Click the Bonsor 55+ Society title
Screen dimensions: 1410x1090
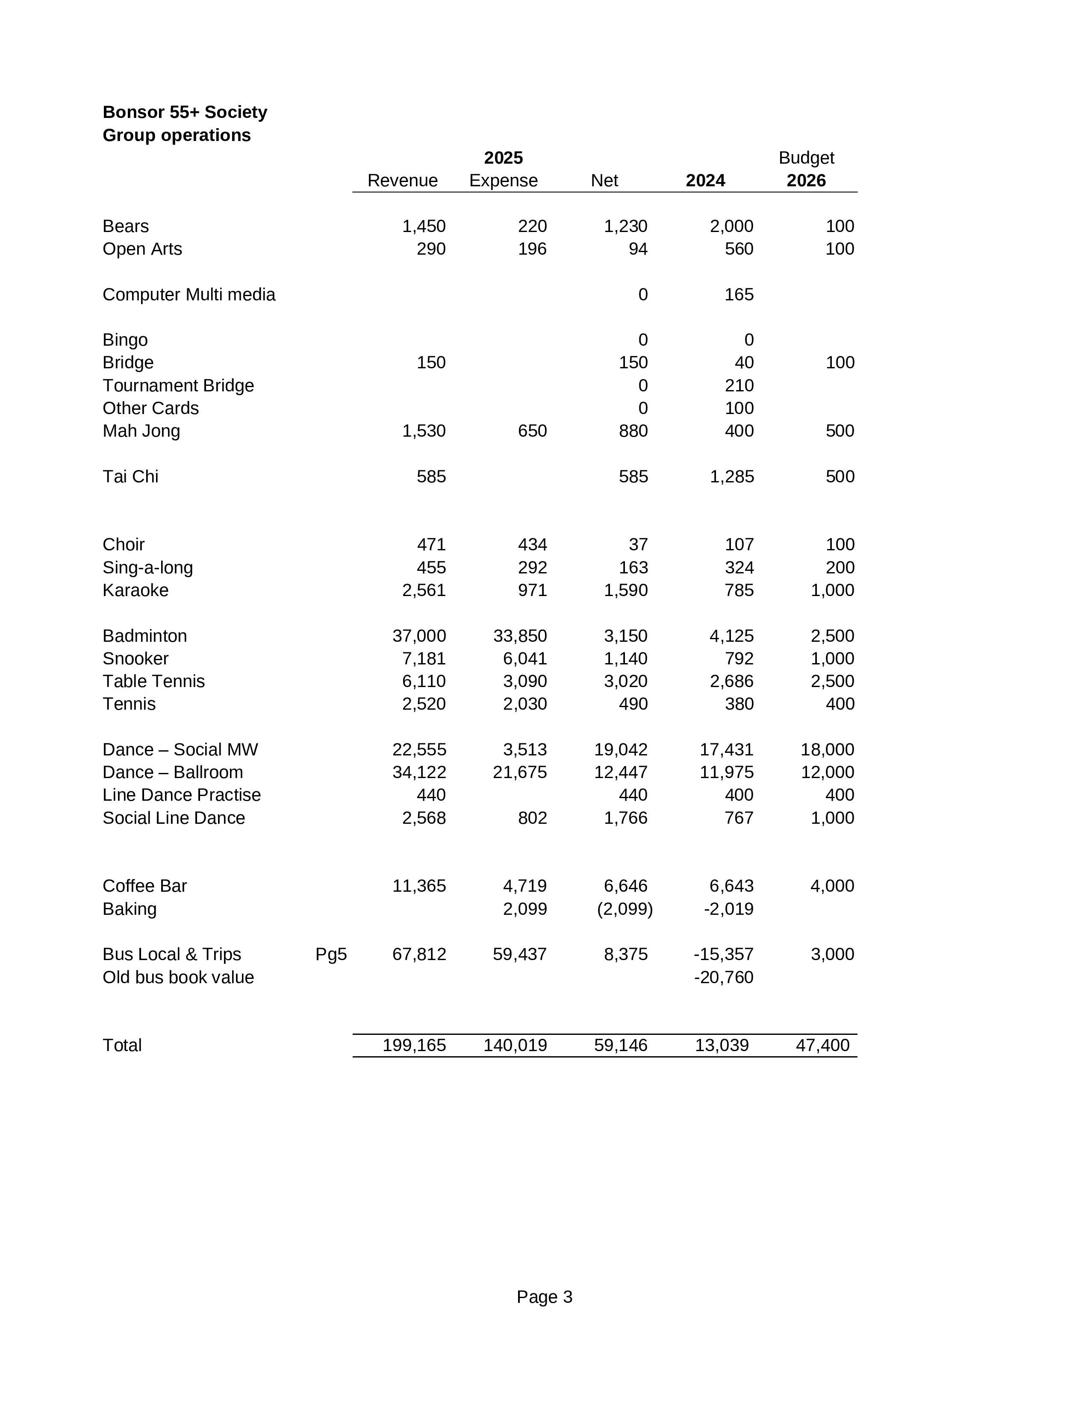point(185,112)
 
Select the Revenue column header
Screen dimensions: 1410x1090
point(402,181)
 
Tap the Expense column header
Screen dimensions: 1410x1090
point(503,181)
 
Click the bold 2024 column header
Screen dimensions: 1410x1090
point(705,181)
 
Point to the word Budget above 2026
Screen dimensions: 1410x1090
point(806,158)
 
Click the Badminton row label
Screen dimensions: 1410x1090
point(144,636)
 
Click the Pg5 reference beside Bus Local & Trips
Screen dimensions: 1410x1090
point(330,954)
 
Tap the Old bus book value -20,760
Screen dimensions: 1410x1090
point(723,978)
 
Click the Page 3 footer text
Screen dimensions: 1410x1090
point(544,1297)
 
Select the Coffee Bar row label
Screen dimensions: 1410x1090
point(144,887)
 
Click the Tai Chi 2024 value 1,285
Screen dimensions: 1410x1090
point(732,477)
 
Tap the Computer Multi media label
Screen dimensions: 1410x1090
point(189,295)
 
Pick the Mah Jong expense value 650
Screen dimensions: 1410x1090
point(532,431)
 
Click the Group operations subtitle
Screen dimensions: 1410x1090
point(176,135)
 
